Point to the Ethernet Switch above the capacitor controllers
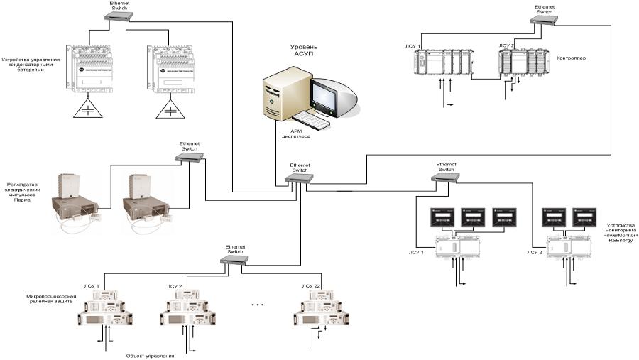119,16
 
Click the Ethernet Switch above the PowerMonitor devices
446,178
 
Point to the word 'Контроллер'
572,58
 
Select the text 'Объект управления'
150,355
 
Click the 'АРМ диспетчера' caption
299,135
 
